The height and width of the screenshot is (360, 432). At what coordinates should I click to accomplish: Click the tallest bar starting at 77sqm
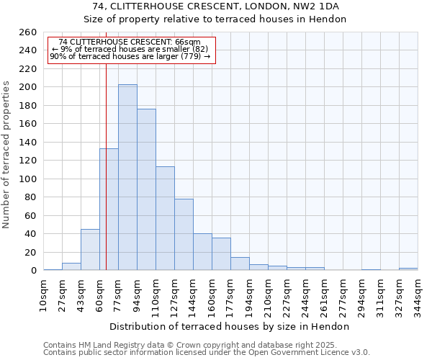coord(127,177)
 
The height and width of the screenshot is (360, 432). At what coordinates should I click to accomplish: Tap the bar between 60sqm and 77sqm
coord(109,209)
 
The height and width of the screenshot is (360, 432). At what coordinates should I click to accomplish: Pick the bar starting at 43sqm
coord(90,249)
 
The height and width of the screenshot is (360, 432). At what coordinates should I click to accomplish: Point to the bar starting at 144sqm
coord(202,251)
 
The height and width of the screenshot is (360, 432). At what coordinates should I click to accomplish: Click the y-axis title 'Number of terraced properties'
coord(7,155)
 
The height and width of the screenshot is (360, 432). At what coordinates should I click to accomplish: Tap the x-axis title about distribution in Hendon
coord(230,326)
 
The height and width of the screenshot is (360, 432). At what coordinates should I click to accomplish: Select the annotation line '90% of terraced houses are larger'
coord(130,56)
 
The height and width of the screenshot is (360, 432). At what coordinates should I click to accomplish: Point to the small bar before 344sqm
coord(408,269)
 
